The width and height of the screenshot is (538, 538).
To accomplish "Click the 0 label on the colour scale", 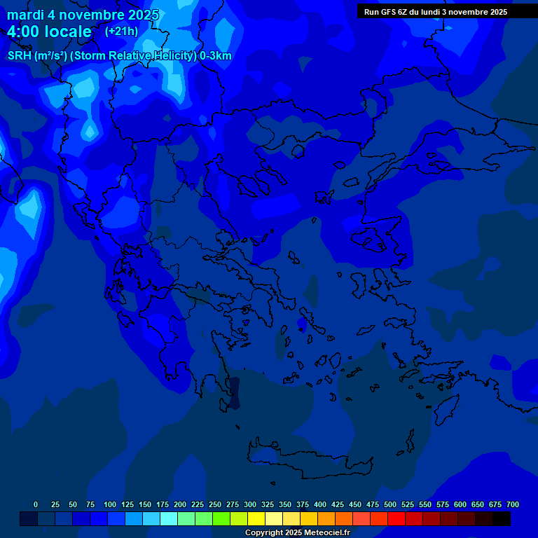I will coord(36,504).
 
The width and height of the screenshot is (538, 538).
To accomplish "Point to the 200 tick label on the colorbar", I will coord(180,504).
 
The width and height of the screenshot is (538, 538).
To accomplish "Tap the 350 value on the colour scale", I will coord(285,504).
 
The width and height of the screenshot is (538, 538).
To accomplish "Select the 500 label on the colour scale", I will coord(390,504).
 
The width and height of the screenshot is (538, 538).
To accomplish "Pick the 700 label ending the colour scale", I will coord(513,504).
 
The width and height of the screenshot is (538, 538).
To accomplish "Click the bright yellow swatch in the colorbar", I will coord(256,519).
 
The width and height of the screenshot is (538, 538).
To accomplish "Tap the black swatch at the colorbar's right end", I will coord(502,519).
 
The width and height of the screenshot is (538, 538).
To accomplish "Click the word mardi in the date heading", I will coord(25,15).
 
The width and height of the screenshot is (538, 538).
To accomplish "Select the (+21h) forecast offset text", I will coord(121,31).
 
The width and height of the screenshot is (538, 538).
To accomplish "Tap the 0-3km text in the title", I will coord(216,56).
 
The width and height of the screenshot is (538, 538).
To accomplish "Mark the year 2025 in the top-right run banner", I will coord(495,12).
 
